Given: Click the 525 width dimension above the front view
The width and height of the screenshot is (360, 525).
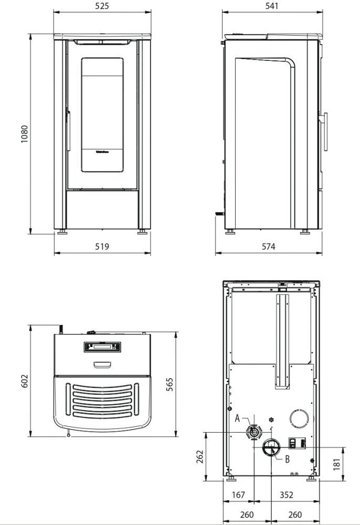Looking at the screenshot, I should pos(102,6).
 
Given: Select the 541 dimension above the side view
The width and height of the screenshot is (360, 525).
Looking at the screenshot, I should pos(272,6).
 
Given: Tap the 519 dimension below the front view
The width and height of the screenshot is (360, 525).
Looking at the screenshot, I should pos(102,246).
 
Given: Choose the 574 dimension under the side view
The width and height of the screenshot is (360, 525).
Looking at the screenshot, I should pos(268,246).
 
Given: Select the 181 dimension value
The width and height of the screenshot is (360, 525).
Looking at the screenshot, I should pos(337,463).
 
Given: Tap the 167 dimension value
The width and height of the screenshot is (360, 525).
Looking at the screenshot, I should pos(238,495).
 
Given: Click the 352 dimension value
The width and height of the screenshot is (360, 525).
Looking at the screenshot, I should pos(287,495).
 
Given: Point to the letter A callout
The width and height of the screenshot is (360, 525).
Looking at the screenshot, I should pos(238,418).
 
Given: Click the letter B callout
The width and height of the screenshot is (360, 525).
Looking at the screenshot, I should pos(287,459).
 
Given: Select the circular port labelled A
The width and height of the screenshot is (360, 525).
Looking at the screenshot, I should pos(253,432).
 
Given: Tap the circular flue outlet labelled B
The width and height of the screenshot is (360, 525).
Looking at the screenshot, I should pos(271,448).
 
